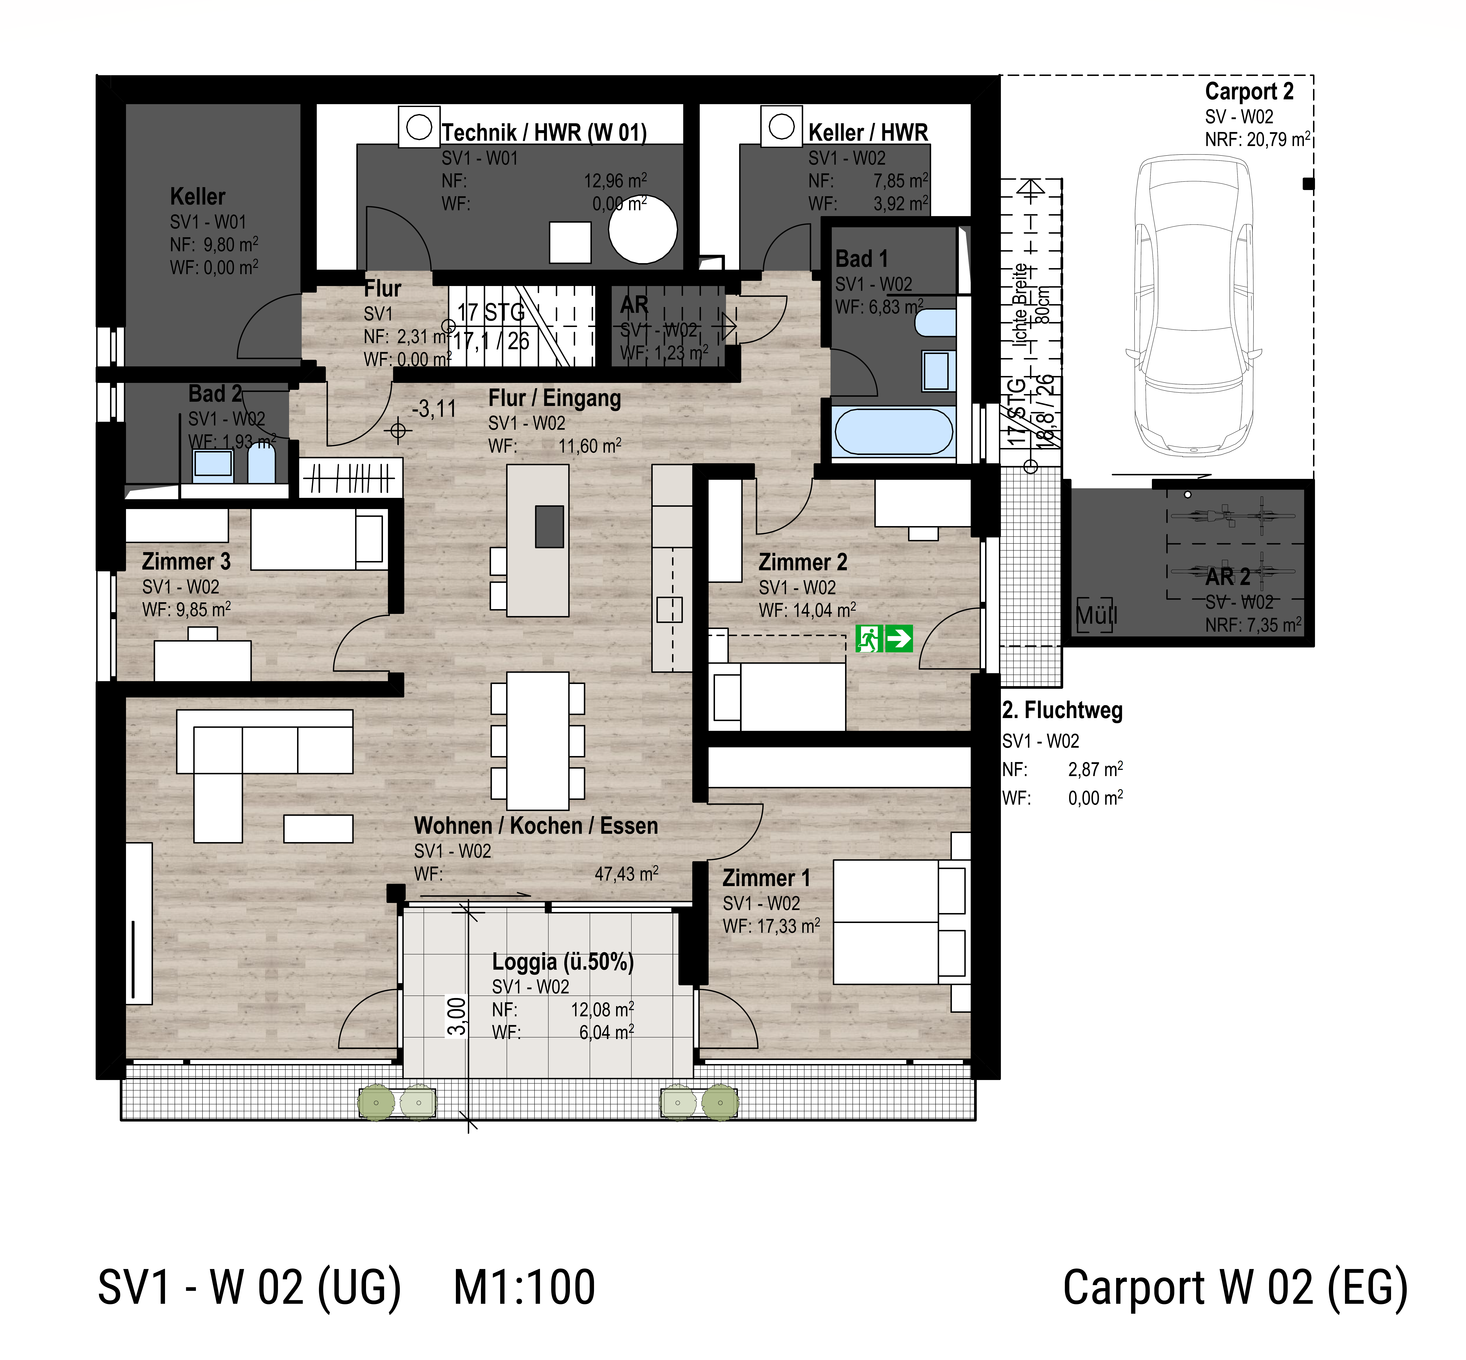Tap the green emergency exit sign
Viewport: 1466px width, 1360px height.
884,638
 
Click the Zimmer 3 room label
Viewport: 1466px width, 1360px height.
186,562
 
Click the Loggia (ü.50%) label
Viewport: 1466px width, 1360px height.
562,962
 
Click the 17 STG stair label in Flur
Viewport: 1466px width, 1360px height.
491,313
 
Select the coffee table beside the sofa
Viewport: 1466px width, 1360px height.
318,829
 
